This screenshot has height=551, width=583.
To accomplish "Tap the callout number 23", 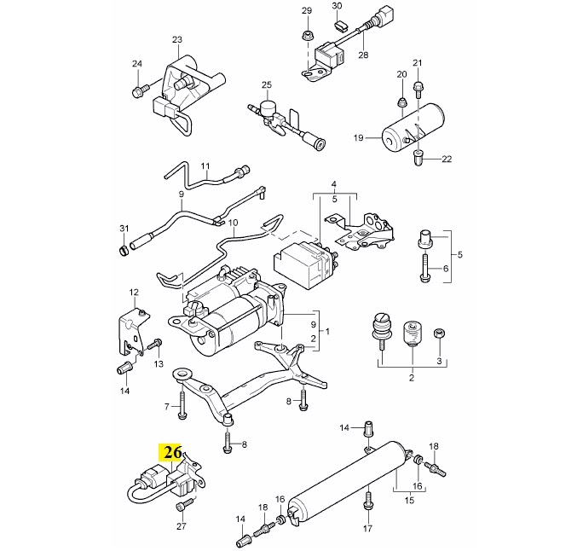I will coord(177,40).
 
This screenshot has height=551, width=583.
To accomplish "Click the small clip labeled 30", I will coord(338,26).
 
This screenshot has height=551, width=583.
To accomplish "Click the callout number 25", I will coord(266,86).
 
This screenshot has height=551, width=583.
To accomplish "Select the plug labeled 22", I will coord(418,158).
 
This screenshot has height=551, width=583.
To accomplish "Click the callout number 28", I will coord(362,55).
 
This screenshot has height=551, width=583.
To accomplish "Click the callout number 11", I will coord(205,165).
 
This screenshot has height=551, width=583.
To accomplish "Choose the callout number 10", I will coord(209,223).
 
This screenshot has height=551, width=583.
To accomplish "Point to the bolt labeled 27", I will coord(180,507).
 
